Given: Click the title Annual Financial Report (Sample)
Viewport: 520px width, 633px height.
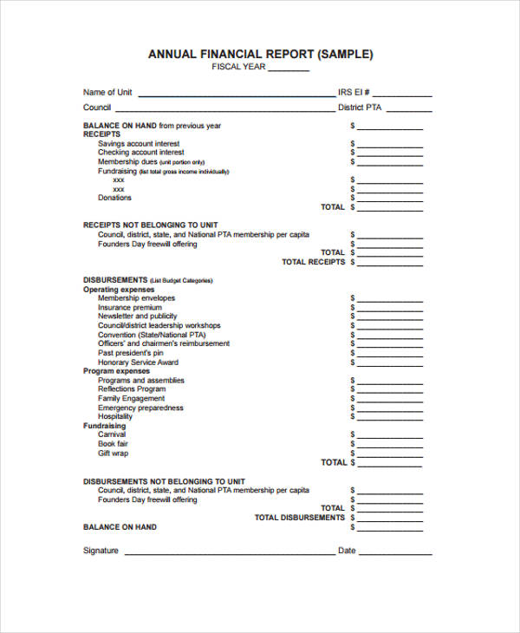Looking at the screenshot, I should [260, 54].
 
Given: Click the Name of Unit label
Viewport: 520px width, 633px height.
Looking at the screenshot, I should [107, 93].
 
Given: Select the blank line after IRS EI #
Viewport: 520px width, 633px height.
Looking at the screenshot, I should [403, 95].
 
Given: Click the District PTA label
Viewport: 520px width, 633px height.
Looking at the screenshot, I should [360, 108].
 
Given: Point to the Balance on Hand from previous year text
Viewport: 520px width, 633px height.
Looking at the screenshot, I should [152, 126].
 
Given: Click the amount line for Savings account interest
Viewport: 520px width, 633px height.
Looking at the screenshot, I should [390, 146].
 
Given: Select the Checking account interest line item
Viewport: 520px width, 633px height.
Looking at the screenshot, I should [140, 153].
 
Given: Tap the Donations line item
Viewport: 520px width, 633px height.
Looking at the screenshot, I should [114, 198].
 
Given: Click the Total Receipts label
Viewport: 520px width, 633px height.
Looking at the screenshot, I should [313, 262].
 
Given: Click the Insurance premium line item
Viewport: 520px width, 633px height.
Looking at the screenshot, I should [129, 308].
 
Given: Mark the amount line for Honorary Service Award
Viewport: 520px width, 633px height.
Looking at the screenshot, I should [390, 364].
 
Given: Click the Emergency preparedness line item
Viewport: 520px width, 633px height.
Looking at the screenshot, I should [140, 408].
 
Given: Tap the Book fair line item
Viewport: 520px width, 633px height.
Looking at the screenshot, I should [113, 444].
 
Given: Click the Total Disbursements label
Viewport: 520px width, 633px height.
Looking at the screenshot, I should [299, 518].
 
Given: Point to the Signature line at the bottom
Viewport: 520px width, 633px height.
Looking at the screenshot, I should [230, 552].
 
